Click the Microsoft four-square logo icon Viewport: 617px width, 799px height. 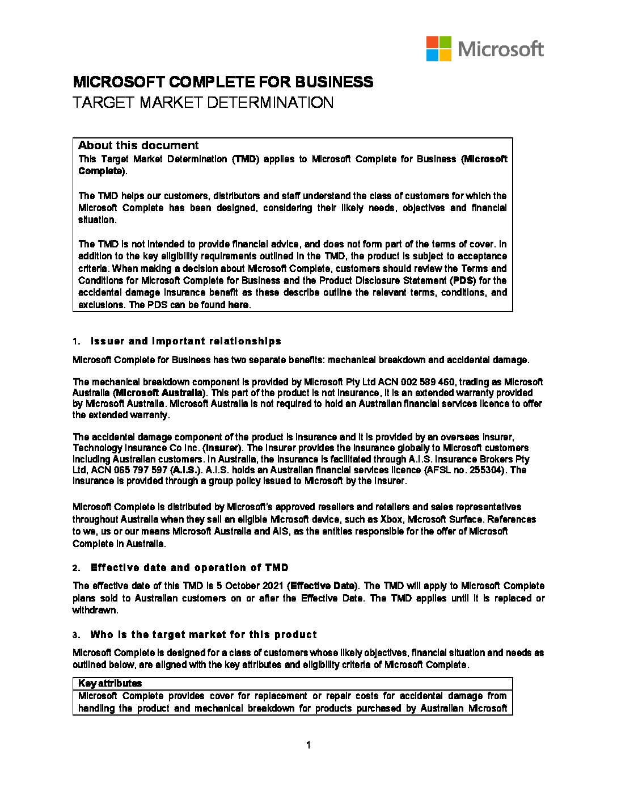(x=439, y=49)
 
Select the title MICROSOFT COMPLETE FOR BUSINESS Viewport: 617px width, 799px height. (x=223, y=82)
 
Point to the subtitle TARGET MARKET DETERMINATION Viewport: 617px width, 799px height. (x=202, y=103)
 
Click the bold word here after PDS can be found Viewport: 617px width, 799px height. (x=238, y=305)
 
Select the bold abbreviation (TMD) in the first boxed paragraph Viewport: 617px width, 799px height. (x=246, y=159)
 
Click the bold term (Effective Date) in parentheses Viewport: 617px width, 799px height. (x=323, y=586)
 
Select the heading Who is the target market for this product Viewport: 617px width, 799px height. (x=204, y=634)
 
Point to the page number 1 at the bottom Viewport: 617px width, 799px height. (x=308, y=746)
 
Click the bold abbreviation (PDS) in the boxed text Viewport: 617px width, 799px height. (x=460, y=280)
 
